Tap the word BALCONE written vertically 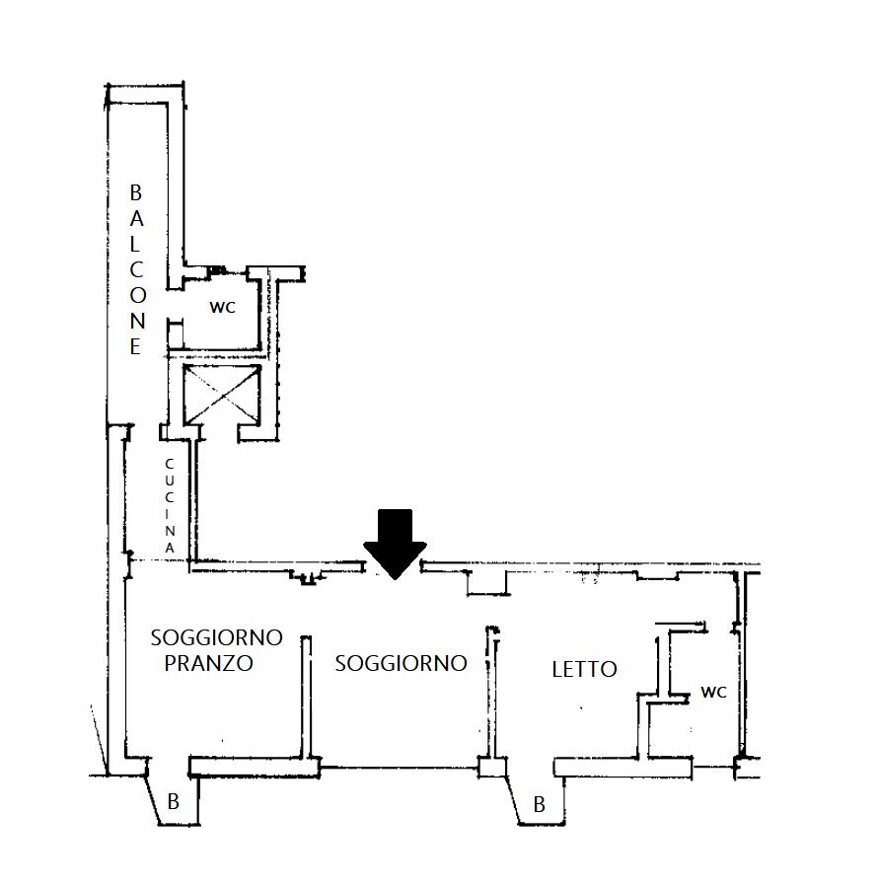coord(137,268)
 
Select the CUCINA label coord(170,504)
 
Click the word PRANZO coord(208,663)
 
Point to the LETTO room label coord(584,669)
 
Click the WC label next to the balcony coord(221,307)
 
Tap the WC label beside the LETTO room coord(713,692)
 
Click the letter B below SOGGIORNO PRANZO coord(173,803)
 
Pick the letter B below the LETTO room coord(539,805)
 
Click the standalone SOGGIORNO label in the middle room coord(401,663)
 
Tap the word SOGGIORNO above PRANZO coord(216,637)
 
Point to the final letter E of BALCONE coord(136,346)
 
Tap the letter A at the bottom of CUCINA coord(170,546)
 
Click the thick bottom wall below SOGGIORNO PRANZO coord(252,766)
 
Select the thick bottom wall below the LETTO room coord(622,766)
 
